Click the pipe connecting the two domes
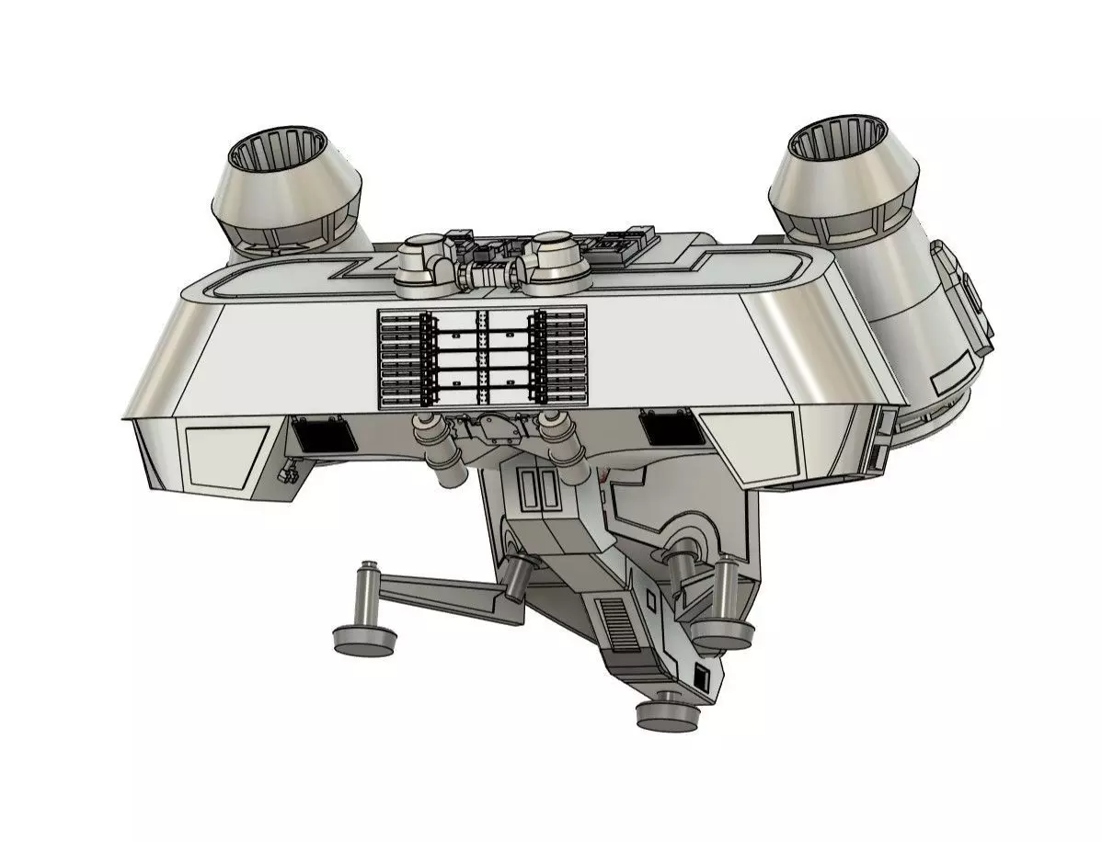point(488,272)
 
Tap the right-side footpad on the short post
point(723,632)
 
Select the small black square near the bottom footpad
point(701,678)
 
